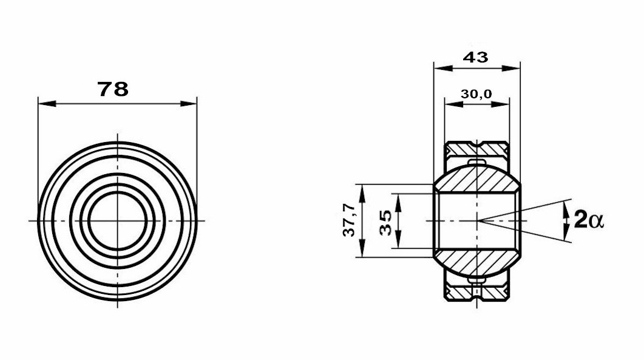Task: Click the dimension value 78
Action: (113, 89)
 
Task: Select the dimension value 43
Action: (476, 57)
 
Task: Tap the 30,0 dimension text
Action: (476, 94)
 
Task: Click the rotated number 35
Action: (385, 223)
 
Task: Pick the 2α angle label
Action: (589, 219)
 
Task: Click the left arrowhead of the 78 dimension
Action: (47, 104)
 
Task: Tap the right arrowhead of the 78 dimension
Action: (188, 104)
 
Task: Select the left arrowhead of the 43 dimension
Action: (442, 68)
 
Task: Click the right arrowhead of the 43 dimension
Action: (511, 68)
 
